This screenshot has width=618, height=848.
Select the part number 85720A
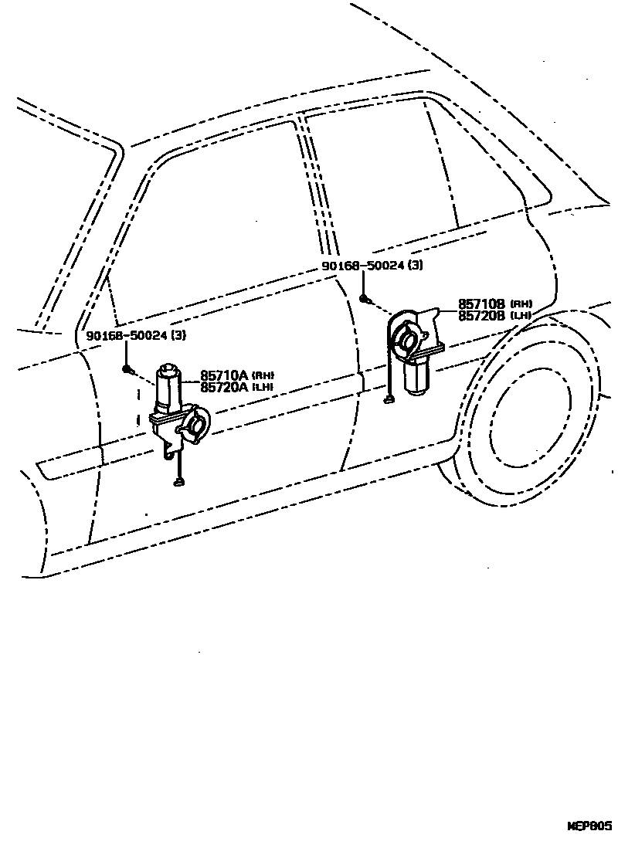coord(224,387)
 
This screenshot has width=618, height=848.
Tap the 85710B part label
coord(482,305)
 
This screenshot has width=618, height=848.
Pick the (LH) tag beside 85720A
coord(263,388)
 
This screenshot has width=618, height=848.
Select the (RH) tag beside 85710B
coord(521,305)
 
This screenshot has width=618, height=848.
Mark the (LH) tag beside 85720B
coord(521,316)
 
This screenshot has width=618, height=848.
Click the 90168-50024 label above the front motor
coord(127,335)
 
